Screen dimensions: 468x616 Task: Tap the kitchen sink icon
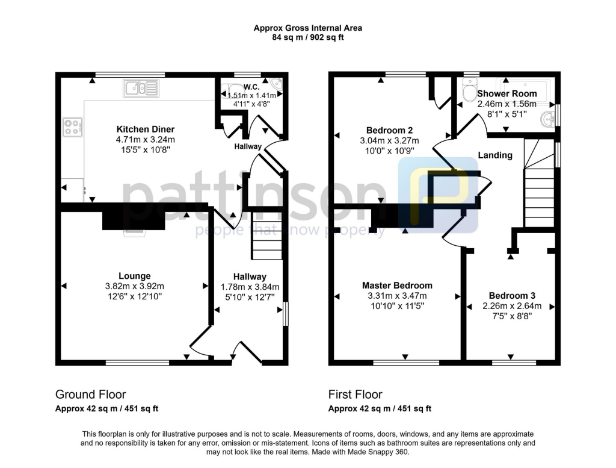(x=139, y=89)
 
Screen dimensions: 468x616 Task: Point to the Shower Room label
(x=507, y=93)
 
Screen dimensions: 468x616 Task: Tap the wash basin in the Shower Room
(x=549, y=119)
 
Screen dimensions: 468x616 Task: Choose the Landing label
(x=495, y=155)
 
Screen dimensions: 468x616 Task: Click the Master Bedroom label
(x=396, y=285)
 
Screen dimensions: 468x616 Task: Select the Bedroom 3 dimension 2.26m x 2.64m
(x=512, y=306)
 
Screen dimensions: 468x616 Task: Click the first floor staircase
(x=539, y=187)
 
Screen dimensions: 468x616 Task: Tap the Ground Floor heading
(x=91, y=395)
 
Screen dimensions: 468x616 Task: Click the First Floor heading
(x=355, y=395)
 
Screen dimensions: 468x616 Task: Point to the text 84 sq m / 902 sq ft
(x=308, y=37)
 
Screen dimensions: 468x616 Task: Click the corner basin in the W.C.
(x=276, y=84)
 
